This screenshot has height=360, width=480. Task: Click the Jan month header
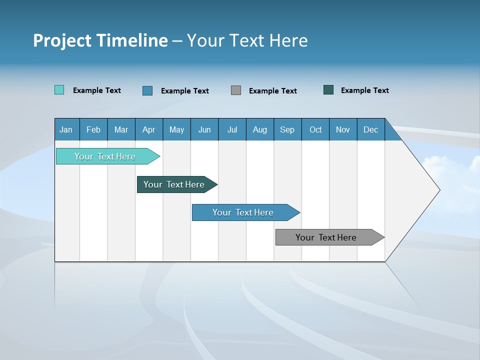click(66, 129)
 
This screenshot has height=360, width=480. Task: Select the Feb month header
click(93, 129)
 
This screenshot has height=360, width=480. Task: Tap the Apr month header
click(148, 129)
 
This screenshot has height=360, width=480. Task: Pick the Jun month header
click(204, 129)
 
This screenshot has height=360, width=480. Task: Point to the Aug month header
click(259, 129)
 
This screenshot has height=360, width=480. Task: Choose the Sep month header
click(287, 129)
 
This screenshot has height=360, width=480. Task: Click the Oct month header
click(315, 129)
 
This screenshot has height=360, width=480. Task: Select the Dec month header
click(370, 129)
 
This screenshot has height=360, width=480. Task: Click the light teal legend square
click(59, 90)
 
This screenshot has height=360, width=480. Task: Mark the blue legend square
click(147, 90)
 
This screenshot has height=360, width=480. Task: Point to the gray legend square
click(236, 90)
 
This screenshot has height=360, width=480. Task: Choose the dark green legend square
click(328, 90)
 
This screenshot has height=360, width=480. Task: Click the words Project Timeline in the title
click(100, 40)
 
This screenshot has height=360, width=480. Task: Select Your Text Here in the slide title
click(247, 40)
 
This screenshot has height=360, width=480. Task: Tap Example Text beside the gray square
click(272, 91)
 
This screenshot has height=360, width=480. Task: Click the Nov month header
click(342, 129)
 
